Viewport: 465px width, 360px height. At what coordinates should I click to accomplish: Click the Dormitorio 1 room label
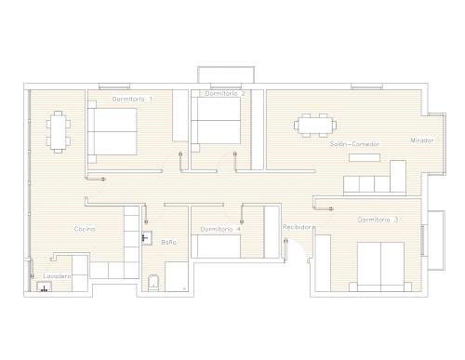coord(132,100)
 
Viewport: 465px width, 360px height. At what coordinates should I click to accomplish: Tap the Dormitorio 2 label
coord(225,93)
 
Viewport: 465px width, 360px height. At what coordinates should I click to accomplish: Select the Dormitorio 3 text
coord(378,220)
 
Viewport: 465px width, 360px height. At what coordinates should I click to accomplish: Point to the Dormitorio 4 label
coord(220,229)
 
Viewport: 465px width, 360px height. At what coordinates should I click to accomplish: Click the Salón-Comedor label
coord(354,144)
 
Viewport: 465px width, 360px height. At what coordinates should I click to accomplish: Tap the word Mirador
coord(422,140)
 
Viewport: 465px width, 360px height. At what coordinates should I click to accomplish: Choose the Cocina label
coord(85,229)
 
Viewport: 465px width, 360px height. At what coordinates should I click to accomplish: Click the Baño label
coord(169,242)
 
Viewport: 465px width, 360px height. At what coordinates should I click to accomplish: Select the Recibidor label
coord(297,227)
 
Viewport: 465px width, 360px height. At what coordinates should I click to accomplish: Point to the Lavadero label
coord(57,275)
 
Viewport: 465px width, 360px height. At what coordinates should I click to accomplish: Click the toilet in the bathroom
coord(153,283)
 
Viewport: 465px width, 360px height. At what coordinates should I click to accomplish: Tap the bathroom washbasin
coord(147,238)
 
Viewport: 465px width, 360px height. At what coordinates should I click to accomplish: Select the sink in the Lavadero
coord(45,287)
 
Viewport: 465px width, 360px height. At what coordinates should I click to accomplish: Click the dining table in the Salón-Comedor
coord(315,126)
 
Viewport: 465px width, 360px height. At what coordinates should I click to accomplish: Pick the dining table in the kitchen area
coord(59,132)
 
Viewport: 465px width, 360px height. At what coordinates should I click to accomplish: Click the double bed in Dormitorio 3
coord(380,267)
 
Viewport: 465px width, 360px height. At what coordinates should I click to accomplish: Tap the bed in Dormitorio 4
coord(216,247)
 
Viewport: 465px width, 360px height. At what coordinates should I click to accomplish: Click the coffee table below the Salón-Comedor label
coord(365,157)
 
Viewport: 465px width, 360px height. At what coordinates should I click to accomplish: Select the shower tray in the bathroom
coord(177,276)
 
